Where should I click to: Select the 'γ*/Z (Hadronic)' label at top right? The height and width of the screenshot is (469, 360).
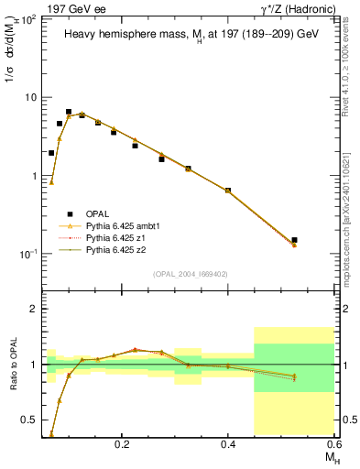[x=300, y=8]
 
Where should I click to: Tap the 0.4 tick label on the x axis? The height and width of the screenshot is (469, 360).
[x=229, y=443]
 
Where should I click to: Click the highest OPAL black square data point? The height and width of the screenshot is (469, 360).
[x=69, y=112]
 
